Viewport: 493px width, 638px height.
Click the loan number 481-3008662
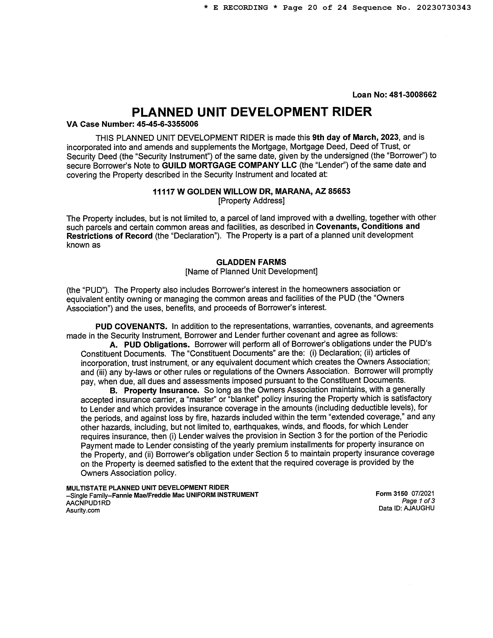(x=413, y=95)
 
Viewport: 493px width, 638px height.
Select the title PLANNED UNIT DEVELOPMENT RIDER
(x=252, y=112)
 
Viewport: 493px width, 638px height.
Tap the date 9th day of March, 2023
(x=355, y=137)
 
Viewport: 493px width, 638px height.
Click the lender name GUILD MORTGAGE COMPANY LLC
(x=229, y=165)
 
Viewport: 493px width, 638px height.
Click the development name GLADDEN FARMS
(x=251, y=262)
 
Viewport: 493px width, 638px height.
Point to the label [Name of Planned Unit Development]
(x=251, y=271)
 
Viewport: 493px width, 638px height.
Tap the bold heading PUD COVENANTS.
(x=131, y=326)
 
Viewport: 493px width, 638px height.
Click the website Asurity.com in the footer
(x=83, y=510)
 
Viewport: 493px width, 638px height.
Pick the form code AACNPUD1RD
(x=88, y=503)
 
